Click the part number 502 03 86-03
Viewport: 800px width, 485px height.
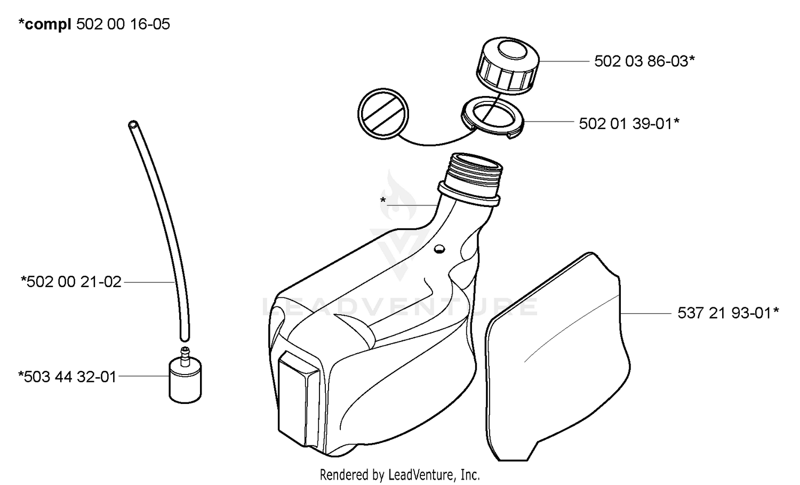coord(642,61)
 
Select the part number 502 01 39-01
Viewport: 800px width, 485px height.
coord(626,124)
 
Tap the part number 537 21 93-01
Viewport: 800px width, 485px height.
coord(725,313)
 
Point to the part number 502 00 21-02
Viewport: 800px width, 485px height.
coord(74,282)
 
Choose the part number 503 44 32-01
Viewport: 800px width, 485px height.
coord(70,377)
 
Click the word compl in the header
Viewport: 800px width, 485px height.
coord(48,25)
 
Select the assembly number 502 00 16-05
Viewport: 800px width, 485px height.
coord(123,25)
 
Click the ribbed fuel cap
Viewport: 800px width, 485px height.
coord(507,66)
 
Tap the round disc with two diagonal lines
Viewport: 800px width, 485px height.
coord(383,113)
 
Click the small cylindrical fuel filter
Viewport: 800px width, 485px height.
coord(185,380)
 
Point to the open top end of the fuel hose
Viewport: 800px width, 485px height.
coord(133,124)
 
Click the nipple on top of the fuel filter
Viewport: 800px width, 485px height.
coord(185,356)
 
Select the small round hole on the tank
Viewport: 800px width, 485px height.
coord(439,249)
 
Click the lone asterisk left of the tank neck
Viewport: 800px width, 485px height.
coord(383,201)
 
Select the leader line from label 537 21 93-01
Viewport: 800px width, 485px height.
coord(646,313)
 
